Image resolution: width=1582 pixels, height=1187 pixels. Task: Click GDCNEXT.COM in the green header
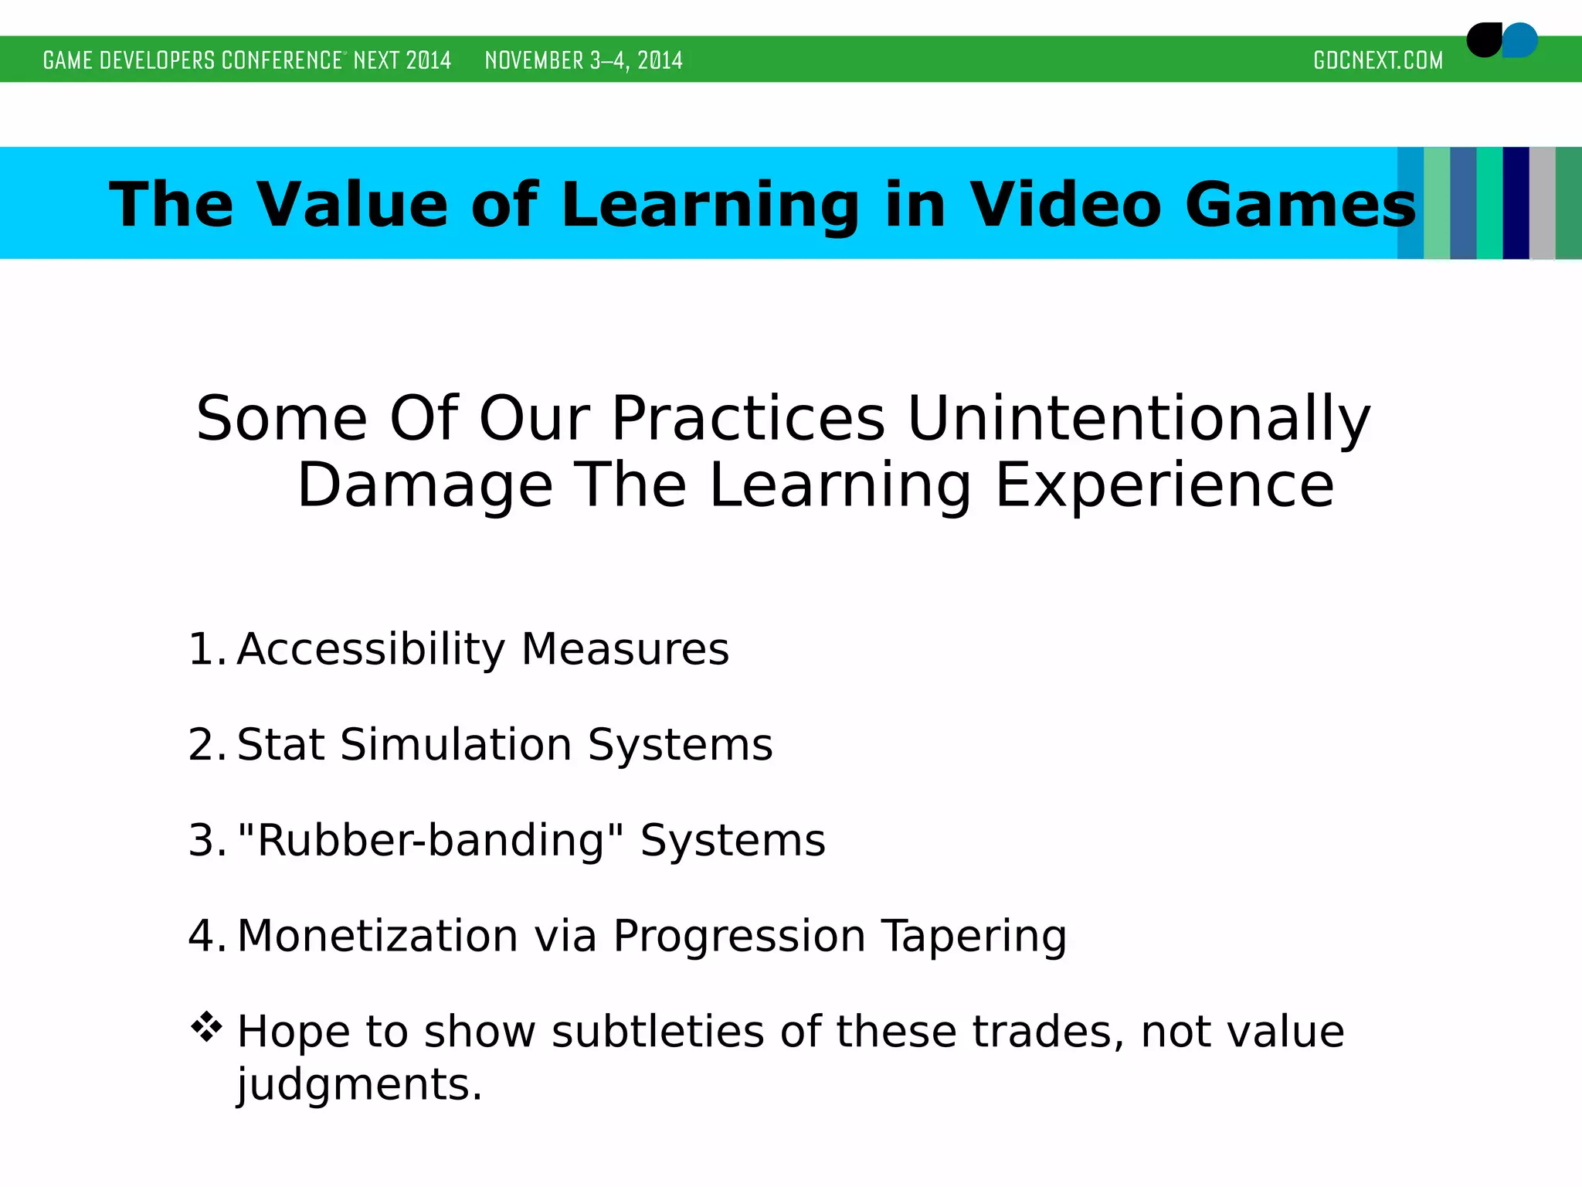click(x=1377, y=60)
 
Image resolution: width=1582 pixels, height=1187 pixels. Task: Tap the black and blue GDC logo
click(x=1501, y=40)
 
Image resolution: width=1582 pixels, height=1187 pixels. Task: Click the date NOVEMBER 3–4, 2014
click(x=583, y=60)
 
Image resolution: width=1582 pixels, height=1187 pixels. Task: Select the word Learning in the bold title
click(x=710, y=205)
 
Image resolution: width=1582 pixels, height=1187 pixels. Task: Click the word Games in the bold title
click(x=1300, y=205)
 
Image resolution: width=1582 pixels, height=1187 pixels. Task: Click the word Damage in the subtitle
click(x=425, y=485)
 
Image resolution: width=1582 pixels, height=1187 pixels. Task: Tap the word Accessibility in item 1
click(x=370, y=648)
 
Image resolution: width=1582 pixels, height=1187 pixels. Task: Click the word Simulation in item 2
click(x=456, y=744)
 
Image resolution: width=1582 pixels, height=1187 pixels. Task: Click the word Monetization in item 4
click(x=378, y=936)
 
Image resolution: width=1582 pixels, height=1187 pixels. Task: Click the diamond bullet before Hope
click(x=206, y=1027)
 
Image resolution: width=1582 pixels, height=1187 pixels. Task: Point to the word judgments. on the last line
click(x=359, y=1084)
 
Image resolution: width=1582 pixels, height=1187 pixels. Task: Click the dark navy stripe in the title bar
click(x=1515, y=202)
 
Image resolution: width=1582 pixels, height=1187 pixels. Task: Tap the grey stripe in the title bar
click(x=1542, y=202)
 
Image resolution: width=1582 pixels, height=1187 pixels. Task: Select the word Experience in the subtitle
click(x=1164, y=485)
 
